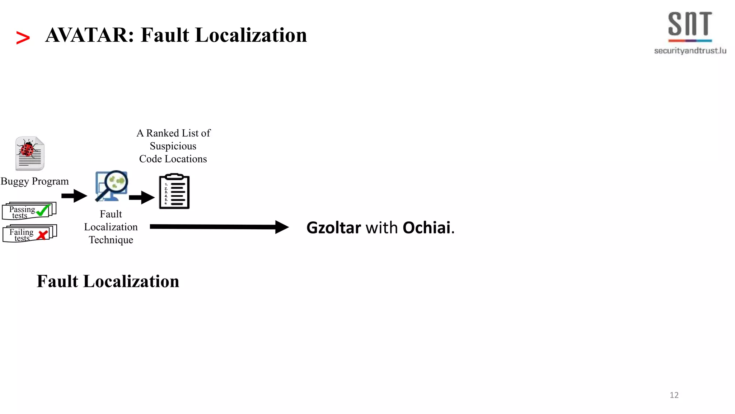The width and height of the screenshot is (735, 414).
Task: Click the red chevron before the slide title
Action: point(23,38)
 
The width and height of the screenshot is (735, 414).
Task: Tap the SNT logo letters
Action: point(690,24)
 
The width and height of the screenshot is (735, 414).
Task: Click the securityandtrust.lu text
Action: point(690,51)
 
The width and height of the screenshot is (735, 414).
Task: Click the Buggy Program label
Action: point(34,181)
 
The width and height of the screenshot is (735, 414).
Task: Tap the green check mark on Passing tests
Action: point(43,210)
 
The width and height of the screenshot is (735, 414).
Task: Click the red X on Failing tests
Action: point(42,235)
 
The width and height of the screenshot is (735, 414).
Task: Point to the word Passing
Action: point(22,209)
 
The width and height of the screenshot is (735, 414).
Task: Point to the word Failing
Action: point(21,232)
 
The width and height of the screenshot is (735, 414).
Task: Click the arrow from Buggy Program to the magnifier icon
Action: point(74,196)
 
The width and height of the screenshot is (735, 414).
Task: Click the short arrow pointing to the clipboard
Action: point(142,197)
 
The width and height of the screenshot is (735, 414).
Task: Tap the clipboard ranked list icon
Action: point(174,191)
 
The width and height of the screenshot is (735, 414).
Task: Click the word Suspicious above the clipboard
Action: point(173,146)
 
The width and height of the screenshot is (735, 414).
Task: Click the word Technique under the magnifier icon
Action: point(111,240)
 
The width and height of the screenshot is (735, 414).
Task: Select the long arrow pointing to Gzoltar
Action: point(219,227)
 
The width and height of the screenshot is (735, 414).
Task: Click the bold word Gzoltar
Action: point(333,228)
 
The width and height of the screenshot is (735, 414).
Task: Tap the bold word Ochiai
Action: point(426,228)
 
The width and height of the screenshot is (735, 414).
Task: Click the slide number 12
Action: point(674,395)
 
